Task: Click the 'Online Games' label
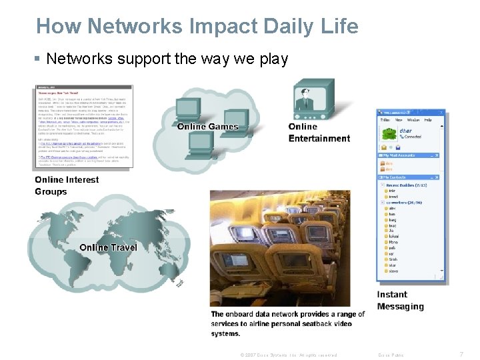[207, 127]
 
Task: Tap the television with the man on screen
[313, 99]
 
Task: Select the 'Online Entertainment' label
[319, 133]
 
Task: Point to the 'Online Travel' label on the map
[108, 247]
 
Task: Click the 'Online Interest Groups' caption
[67, 185]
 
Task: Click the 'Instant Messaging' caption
[400, 301]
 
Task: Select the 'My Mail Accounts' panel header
[403, 155]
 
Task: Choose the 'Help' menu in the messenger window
[428, 121]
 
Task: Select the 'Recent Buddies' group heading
[406, 185]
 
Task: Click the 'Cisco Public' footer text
[391, 355]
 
